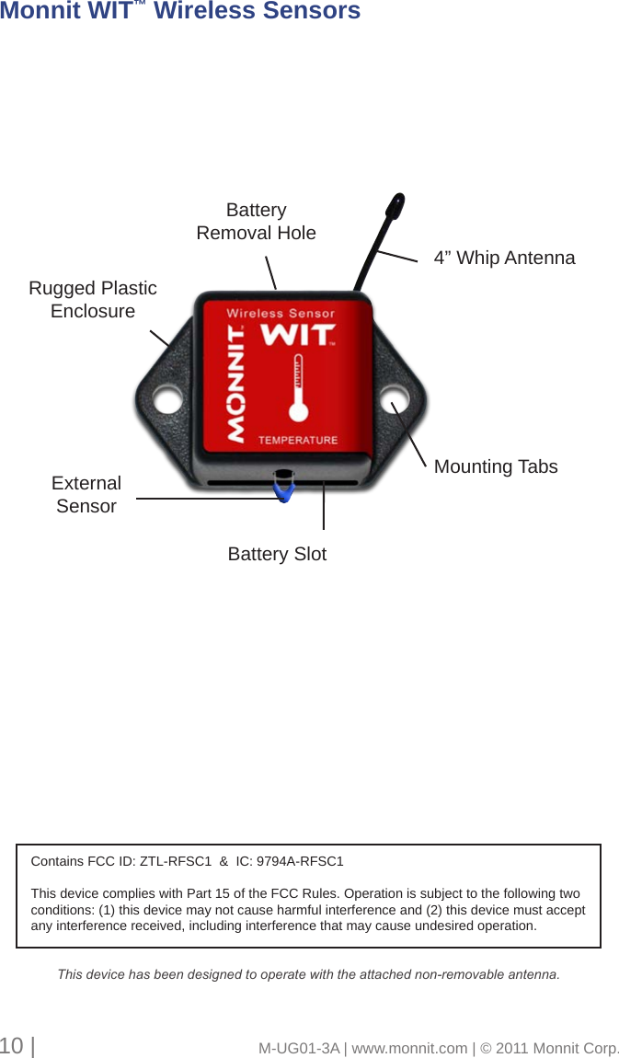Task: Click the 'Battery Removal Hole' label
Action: click(x=256, y=222)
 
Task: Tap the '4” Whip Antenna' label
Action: click(x=504, y=259)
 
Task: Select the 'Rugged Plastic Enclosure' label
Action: click(x=93, y=300)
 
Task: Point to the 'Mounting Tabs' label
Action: click(x=495, y=467)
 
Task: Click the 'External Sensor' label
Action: click(x=86, y=495)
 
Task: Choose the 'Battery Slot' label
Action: click(x=277, y=555)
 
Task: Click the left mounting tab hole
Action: click(x=166, y=401)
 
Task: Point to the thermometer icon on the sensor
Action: click(x=296, y=392)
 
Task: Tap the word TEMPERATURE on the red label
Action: click(x=297, y=441)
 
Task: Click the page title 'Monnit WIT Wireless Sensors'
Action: click(x=180, y=12)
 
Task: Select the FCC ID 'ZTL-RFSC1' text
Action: click(x=175, y=862)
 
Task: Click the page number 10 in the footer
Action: click(x=12, y=1046)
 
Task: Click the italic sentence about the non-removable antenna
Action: click(x=308, y=974)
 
